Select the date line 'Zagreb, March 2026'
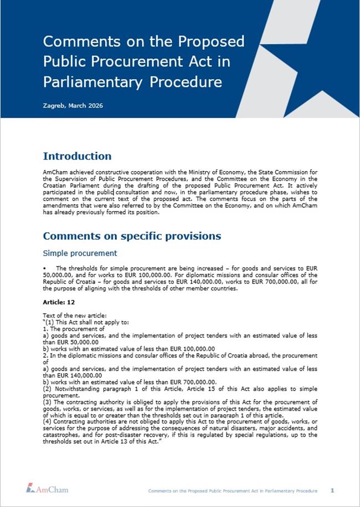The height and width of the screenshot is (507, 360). click(73, 105)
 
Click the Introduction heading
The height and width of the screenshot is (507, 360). click(77, 156)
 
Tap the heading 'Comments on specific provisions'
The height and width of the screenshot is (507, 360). click(132, 236)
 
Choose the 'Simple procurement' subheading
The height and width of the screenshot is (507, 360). click(80, 253)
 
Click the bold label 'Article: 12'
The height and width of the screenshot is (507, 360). click(58, 303)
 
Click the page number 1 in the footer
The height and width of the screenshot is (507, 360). click(332, 490)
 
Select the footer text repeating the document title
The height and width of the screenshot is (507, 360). click(233, 491)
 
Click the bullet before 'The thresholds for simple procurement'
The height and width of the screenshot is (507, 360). click(44, 268)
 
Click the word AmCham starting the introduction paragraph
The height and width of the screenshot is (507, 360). click(55, 172)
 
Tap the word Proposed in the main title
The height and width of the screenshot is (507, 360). click(210, 42)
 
